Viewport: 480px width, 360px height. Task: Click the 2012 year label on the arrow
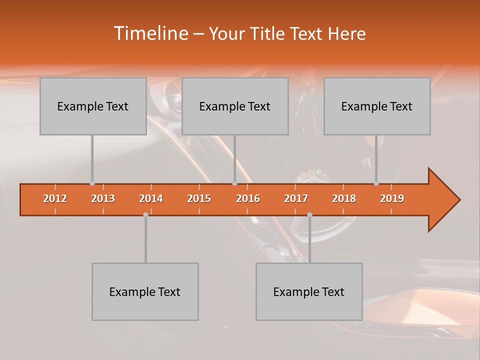pyautogui.click(x=55, y=198)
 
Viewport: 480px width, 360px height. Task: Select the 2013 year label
pyautogui.click(x=103, y=198)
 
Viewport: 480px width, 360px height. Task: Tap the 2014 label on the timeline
pyautogui.click(x=151, y=198)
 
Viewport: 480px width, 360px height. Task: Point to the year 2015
pyautogui.click(x=199, y=198)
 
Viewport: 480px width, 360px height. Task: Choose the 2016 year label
pyautogui.click(x=248, y=198)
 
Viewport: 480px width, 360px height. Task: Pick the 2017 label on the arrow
pyautogui.click(x=296, y=198)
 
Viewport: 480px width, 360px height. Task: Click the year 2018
pyautogui.click(x=344, y=198)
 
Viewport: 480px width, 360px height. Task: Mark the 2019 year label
pyautogui.click(x=392, y=198)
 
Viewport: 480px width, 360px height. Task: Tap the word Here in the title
pyautogui.click(x=346, y=34)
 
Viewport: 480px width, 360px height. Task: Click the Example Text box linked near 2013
pyautogui.click(x=93, y=106)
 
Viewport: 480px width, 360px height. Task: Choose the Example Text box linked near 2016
pyautogui.click(x=235, y=106)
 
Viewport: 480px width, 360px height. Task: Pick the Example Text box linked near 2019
pyautogui.click(x=377, y=106)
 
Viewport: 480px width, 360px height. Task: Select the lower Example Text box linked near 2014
pyautogui.click(x=145, y=291)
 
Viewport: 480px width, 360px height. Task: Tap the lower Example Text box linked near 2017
pyautogui.click(x=309, y=291)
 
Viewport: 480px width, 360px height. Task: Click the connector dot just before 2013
pyautogui.click(x=92, y=183)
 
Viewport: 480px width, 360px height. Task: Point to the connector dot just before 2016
pyautogui.click(x=234, y=183)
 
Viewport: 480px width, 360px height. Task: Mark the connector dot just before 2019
pyautogui.click(x=376, y=183)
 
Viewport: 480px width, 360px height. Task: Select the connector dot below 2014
pyautogui.click(x=145, y=214)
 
